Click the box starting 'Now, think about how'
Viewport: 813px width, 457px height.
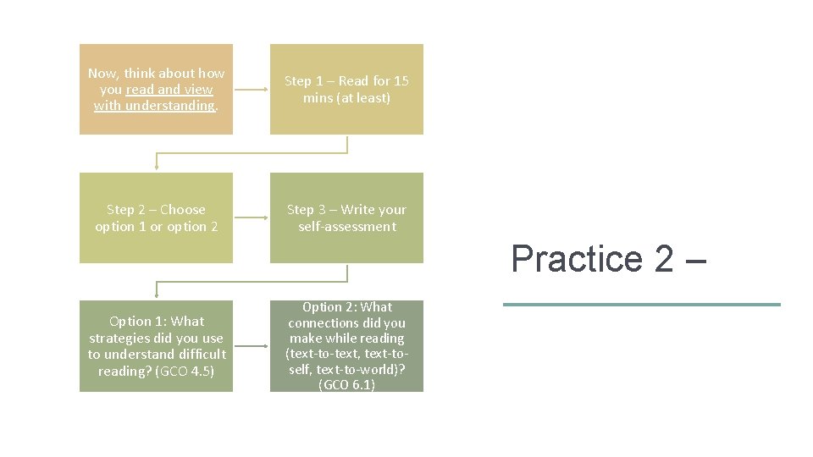click(156, 89)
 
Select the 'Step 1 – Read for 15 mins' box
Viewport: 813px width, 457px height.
click(346, 89)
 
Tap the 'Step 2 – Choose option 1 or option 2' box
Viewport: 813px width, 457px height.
click(156, 217)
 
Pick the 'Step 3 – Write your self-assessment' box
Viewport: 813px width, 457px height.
click(346, 217)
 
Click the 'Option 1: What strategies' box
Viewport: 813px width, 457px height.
click(156, 346)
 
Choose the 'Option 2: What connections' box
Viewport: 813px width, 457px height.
click(346, 346)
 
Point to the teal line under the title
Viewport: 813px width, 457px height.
click(641, 305)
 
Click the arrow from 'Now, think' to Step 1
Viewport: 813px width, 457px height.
click(252, 89)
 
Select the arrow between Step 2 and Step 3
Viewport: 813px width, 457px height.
click(252, 217)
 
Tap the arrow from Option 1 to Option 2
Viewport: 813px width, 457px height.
click(252, 346)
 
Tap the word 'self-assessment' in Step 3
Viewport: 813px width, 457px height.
click(346, 227)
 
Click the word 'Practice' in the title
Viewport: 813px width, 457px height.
click(577, 258)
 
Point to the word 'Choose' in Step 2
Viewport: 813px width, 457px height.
click(183, 210)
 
